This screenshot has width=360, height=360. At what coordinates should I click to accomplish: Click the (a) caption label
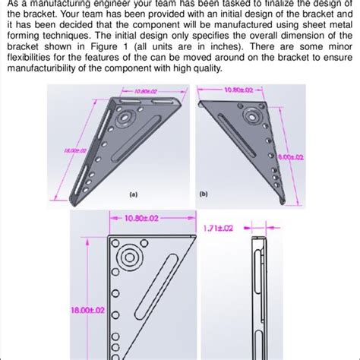pos(133,194)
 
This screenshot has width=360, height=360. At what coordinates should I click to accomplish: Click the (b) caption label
pos(204,194)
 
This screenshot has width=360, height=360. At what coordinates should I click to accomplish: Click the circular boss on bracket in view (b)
pos(251,118)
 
